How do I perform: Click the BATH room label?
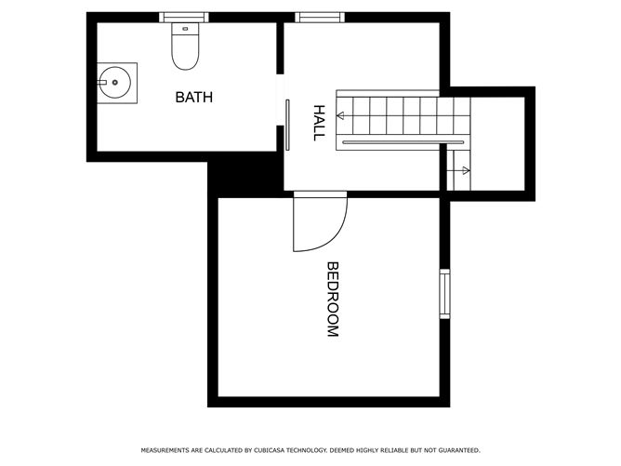tap(194, 97)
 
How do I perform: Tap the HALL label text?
tap(319, 122)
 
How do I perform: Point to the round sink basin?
tap(115, 83)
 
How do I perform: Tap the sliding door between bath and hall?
tap(288, 122)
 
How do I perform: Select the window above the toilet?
tap(183, 17)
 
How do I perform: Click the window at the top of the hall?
tap(319, 17)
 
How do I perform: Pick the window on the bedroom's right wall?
tap(444, 294)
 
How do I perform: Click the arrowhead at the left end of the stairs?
tap(340, 115)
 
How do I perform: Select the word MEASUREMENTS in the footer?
tap(165, 450)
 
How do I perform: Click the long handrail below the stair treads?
tap(402, 142)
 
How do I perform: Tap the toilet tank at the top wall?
tap(186, 30)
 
